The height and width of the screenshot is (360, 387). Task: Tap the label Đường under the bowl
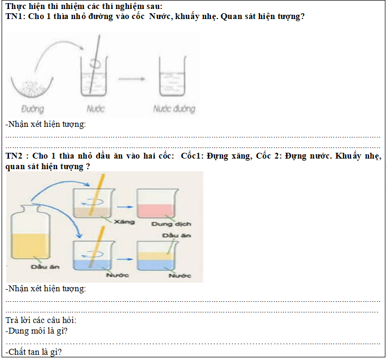tap(33, 109)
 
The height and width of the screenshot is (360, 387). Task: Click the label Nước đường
tap(174, 108)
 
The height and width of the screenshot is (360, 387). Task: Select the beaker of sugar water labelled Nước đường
tap(172, 76)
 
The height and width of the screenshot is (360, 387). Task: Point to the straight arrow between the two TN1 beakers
tap(132, 79)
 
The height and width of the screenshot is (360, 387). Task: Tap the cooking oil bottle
tap(30, 233)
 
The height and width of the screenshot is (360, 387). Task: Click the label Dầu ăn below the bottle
tap(45, 267)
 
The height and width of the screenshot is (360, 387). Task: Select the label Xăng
tap(124, 222)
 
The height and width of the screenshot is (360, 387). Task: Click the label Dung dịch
tap(171, 224)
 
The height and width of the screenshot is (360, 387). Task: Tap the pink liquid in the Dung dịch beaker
tap(156, 211)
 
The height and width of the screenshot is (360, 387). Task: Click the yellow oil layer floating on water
tap(156, 256)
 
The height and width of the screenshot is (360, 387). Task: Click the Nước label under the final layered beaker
tap(180, 275)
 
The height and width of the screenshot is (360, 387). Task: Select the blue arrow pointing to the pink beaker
tap(125, 207)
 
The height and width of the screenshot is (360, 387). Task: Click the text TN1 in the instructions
tap(15, 16)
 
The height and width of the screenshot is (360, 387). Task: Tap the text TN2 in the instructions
tap(14, 156)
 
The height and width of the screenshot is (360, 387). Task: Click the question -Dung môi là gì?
tap(36, 331)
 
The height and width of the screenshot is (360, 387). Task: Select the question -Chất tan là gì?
tap(33, 352)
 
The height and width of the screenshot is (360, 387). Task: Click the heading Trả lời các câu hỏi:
tap(41, 320)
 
